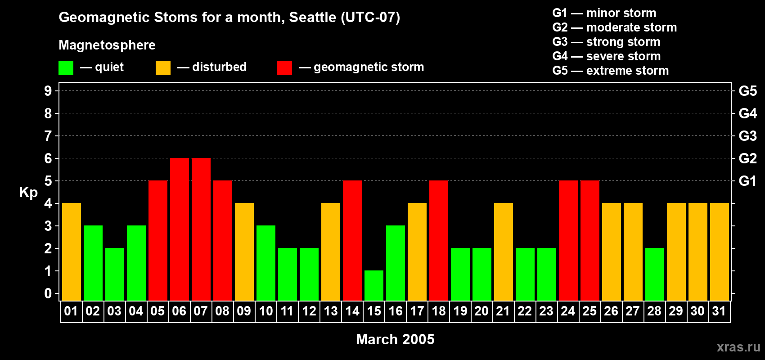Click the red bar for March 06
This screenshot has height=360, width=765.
pos(179,229)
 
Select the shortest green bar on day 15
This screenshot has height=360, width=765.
pos(373,285)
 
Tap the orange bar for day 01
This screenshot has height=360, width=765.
pos(71,252)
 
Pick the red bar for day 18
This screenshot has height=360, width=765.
pos(438,240)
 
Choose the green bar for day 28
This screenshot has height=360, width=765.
pos(654,274)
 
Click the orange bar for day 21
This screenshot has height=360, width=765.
pos(503,252)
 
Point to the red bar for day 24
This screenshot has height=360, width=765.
pos(568,240)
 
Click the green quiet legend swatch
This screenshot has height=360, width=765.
pos(66,68)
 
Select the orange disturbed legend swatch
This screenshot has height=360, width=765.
pos(163,68)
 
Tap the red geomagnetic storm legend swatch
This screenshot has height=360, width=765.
pos(284,68)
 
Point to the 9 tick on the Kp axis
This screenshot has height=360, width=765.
pos(48,91)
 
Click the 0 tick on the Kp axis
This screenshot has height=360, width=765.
pos(48,293)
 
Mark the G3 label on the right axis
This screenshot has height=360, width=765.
pos(747,136)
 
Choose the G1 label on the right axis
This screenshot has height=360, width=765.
pos(747,181)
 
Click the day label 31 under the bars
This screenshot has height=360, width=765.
pos(719,311)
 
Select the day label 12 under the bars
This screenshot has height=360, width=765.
pos(309,311)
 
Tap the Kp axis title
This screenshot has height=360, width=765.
pos(28,192)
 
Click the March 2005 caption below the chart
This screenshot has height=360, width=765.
pos(395,339)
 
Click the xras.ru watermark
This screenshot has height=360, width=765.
pos(738,347)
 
